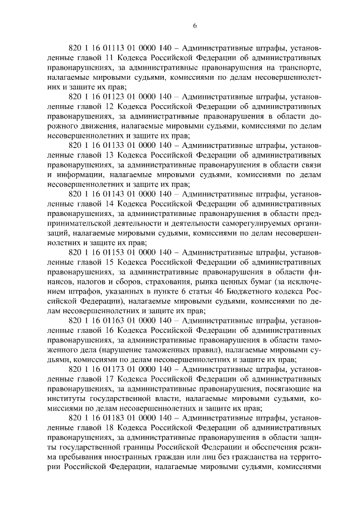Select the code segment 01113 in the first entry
102,48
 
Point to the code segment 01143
102,194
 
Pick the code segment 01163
102,320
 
